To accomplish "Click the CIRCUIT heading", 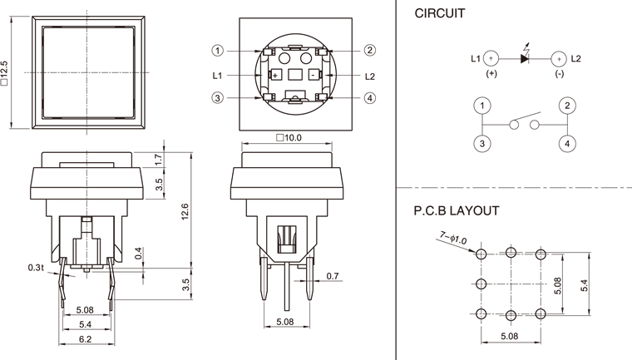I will pyautogui.click(x=440, y=14).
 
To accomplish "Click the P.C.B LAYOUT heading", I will pyautogui.click(x=457, y=210).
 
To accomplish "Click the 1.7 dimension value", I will pyautogui.click(x=160, y=158).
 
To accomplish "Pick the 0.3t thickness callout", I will pyautogui.click(x=35, y=267).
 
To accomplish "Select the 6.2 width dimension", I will pyautogui.click(x=85, y=339).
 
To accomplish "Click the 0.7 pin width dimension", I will pyautogui.click(x=333, y=275).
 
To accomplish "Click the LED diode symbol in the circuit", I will pyautogui.click(x=524, y=58).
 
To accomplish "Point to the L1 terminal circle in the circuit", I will pyautogui.click(x=491, y=58).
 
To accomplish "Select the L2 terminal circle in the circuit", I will pyautogui.click(x=558, y=58).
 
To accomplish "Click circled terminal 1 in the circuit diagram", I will pyautogui.click(x=481, y=106).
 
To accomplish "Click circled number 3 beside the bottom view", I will pyautogui.click(x=218, y=98).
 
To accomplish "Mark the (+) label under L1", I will pyautogui.click(x=491, y=73).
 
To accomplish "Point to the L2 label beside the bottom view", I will pyautogui.click(x=369, y=76).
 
